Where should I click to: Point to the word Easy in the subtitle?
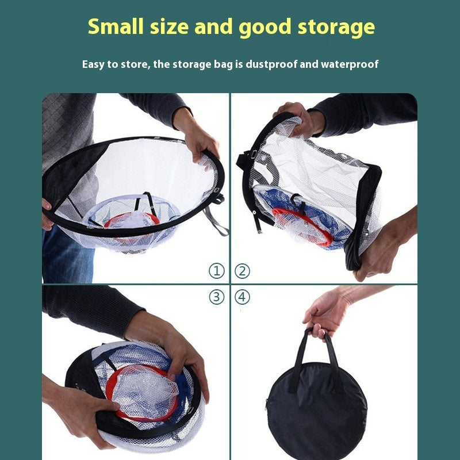[94, 64]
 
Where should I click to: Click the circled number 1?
[216, 271]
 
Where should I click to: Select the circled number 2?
[243, 271]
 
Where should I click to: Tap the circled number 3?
[216, 297]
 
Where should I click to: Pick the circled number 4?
[243, 297]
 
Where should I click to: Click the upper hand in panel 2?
[299, 118]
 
